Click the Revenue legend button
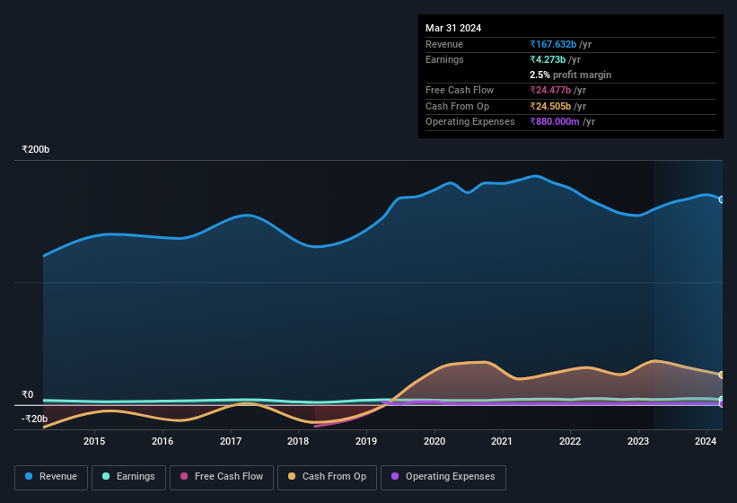pyautogui.click(x=51, y=476)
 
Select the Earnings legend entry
pyautogui.click(x=127, y=476)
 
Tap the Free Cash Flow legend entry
pyautogui.click(x=223, y=476)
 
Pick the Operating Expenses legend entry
pyautogui.click(x=443, y=476)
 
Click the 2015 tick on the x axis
pyautogui.click(x=94, y=441)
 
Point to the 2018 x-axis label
pyautogui.click(x=298, y=441)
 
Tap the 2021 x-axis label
pyautogui.click(x=502, y=441)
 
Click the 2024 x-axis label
pyautogui.click(x=706, y=441)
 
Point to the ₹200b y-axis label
pyautogui.click(x=36, y=149)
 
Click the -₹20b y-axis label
pyautogui.click(x=34, y=419)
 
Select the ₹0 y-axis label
pyautogui.click(x=28, y=394)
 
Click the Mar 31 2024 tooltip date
pyautogui.click(x=453, y=28)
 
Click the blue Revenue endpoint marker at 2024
pyautogui.click(x=722, y=199)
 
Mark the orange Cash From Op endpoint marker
pyautogui.click(x=722, y=375)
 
